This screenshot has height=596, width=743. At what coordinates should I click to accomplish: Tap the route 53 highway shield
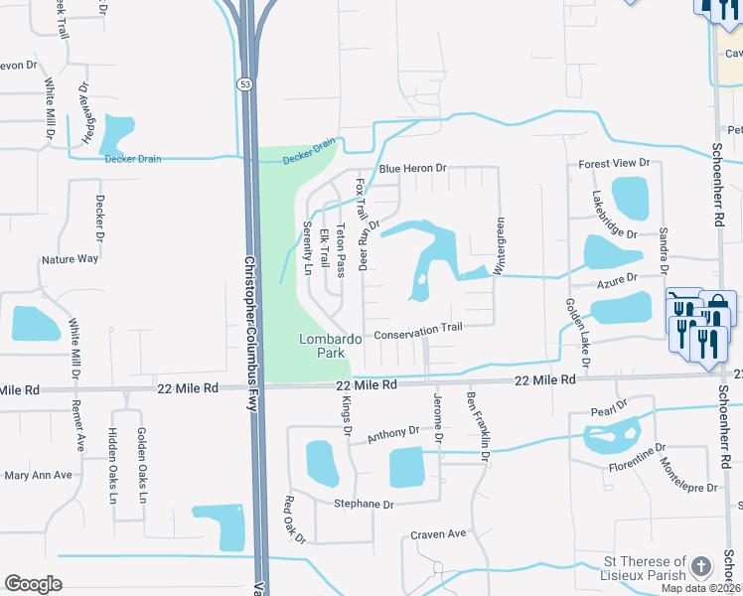pos(244,84)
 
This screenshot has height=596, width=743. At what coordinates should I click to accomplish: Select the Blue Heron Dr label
pos(404,168)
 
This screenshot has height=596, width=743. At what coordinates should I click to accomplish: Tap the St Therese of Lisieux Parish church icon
pos(702,566)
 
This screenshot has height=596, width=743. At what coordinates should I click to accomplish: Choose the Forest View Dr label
pos(613,162)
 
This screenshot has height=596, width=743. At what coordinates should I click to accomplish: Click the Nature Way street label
pos(70,259)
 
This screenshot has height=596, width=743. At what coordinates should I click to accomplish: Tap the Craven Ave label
pos(438,534)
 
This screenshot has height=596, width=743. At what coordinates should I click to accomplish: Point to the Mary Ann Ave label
pos(39,475)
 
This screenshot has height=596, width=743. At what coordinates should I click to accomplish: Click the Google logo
pos(33,583)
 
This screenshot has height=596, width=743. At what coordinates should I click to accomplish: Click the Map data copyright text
pos(699,588)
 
